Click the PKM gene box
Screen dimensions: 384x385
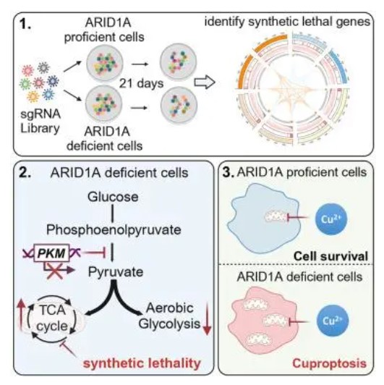point(52,253)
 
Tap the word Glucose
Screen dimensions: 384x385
point(113,197)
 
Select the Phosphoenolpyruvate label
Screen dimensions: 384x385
point(114,230)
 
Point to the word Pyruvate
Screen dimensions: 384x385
point(116,272)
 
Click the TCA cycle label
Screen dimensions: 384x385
point(52,318)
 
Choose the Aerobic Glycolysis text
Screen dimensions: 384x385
point(169,316)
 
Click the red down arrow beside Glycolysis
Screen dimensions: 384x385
point(208,319)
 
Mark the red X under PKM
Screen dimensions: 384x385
point(55,271)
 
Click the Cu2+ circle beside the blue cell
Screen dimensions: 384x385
point(331,219)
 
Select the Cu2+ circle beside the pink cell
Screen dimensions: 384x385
point(333,321)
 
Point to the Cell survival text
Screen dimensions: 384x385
point(330,256)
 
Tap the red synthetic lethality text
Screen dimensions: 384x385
point(142,363)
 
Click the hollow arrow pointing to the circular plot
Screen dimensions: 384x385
point(205,82)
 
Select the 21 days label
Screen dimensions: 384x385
point(141,83)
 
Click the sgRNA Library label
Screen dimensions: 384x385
point(40,121)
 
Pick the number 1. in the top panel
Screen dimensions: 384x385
point(25,25)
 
